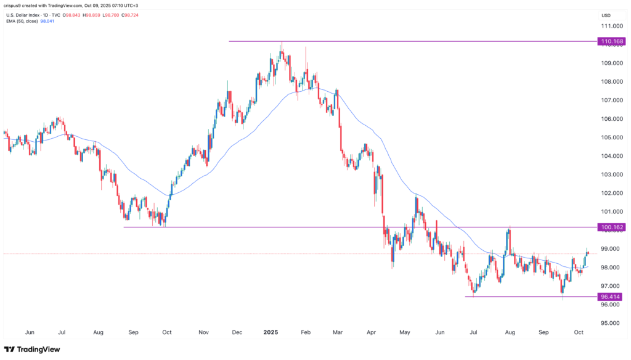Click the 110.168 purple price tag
tap(609, 41)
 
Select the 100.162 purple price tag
tap(609, 227)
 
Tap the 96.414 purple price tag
tap(609, 297)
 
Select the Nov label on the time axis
tap(203, 332)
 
